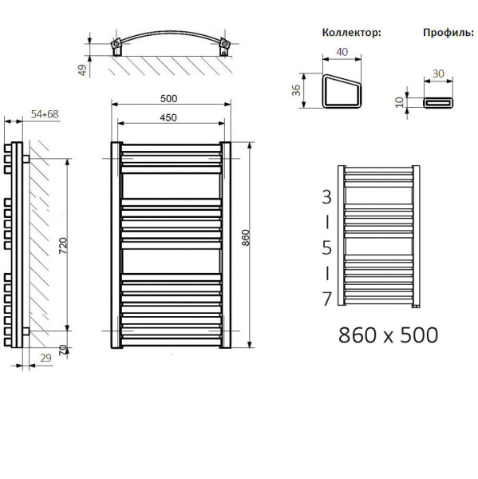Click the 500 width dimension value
pos(168,98)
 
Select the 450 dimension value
pos(168,117)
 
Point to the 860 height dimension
pos(246,239)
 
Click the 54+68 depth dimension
pos(45,114)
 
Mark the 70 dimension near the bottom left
pos(61,348)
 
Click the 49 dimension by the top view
pos(82,69)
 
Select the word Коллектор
pos(350,33)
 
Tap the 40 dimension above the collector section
pos(342,53)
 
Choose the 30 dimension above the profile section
pos(437,73)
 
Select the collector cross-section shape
pos(342,93)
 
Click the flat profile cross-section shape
pos(437,103)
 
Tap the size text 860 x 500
pos(389,335)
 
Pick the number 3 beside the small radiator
pos(326,196)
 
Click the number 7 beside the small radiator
pos(326,299)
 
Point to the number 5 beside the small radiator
pos(326,247)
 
